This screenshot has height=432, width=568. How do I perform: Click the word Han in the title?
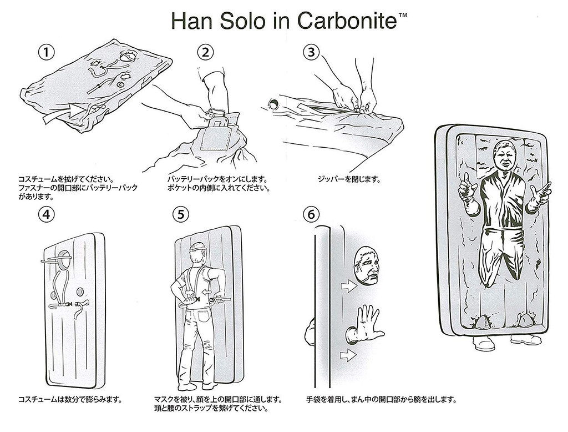click(191, 21)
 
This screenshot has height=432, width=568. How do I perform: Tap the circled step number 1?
click(47, 53)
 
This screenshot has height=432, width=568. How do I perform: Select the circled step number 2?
click(205, 53)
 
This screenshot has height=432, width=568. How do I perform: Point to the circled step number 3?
click(311, 53)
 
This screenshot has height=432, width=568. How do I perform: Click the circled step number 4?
click(47, 215)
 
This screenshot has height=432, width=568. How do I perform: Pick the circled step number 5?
click(181, 215)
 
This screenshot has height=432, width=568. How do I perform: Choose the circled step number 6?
click(311, 215)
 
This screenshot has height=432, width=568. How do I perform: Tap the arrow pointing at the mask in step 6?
click(349, 287)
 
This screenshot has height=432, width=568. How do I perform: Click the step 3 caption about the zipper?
click(349, 179)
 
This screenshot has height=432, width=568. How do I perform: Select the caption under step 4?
click(70, 400)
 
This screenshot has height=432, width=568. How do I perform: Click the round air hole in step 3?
click(273, 104)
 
